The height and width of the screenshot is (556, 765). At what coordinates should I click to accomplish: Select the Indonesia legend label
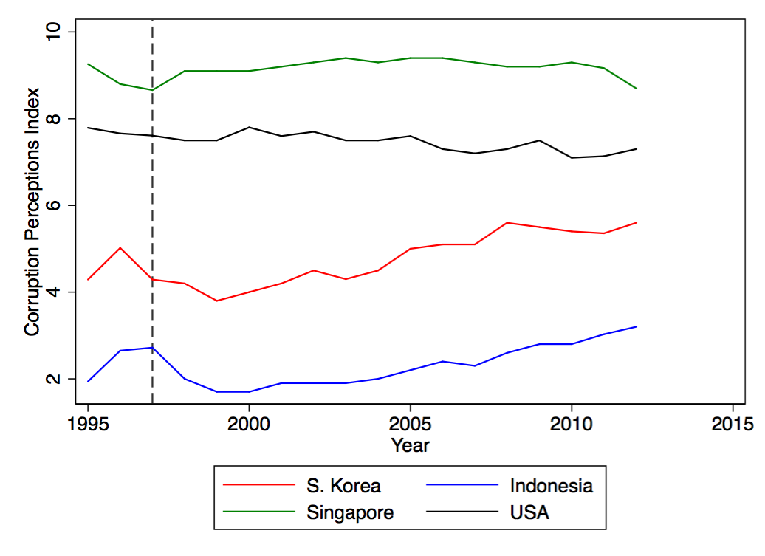coord(551,486)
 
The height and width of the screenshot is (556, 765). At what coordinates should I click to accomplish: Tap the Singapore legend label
coord(350,512)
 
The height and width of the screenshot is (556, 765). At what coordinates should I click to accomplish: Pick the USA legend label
coord(529,512)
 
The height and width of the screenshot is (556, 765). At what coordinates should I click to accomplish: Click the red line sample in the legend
coord(258,486)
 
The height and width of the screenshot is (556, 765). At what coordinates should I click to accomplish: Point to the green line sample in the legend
coord(258,512)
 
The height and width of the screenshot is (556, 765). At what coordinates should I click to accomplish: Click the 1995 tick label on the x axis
coord(88,425)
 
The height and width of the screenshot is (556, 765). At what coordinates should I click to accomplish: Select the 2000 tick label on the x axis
coord(249,425)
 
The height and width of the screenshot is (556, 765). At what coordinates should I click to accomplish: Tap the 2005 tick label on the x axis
coord(410,425)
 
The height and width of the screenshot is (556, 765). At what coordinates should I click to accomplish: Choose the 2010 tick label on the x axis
coord(571,425)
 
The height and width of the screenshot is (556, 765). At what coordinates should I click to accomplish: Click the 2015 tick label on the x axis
coord(732,425)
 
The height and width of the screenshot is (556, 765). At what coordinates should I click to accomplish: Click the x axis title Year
coord(410,445)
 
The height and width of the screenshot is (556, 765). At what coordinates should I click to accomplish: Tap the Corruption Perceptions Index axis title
coord(32,213)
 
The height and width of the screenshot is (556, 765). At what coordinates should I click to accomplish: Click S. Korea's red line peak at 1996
coord(120,247)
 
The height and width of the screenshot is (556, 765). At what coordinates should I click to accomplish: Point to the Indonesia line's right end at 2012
coord(636,326)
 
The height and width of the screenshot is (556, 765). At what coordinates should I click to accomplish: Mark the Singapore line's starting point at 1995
coord(88,64)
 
